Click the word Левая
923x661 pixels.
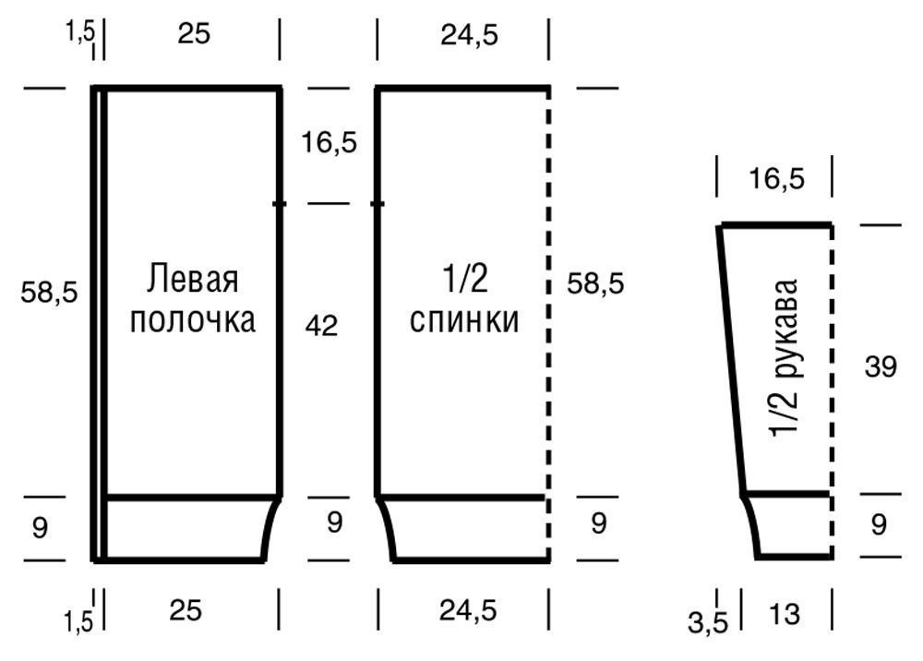(x=193, y=279)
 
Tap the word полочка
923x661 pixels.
(x=193, y=320)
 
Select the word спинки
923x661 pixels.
(x=464, y=320)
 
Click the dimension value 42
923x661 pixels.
(x=321, y=325)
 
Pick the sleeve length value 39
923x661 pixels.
(x=881, y=367)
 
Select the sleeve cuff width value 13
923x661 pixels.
(x=784, y=614)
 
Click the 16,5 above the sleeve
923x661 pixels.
(x=776, y=179)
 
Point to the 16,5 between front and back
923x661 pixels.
(x=329, y=143)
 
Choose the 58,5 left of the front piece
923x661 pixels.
(x=49, y=293)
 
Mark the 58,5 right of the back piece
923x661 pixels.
(x=596, y=283)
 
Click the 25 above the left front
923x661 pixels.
(x=194, y=34)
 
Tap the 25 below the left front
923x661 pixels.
(x=186, y=610)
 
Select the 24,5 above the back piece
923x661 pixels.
(x=470, y=34)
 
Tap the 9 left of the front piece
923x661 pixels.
(x=39, y=528)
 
